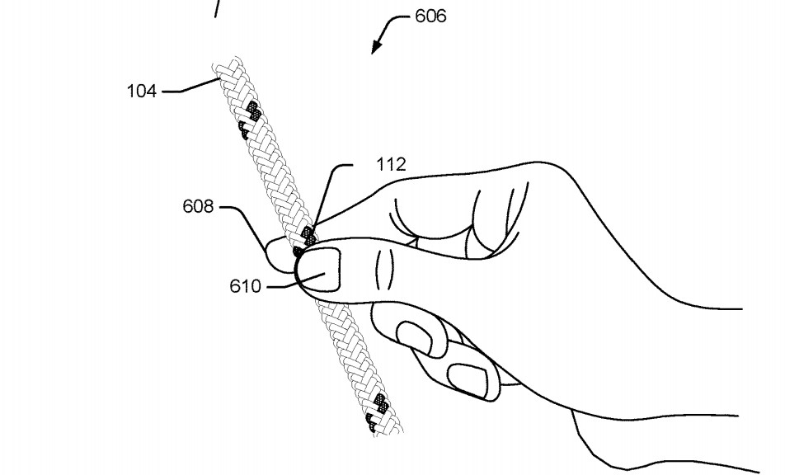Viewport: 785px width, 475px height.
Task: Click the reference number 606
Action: point(430,16)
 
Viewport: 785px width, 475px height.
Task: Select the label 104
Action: point(142,91)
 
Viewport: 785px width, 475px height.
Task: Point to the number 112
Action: point(391,164)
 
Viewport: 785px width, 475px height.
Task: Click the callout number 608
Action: point(198,206)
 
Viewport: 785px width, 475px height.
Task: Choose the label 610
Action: point(246,286)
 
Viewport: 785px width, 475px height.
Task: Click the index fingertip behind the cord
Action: point(279,256)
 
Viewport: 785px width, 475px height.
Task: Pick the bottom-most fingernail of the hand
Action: point(468,380)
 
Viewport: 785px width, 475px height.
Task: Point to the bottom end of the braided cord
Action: point(388,431)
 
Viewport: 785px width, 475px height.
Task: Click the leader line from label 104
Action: point(190,86)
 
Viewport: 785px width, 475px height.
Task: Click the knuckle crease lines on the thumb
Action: point(383,270)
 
